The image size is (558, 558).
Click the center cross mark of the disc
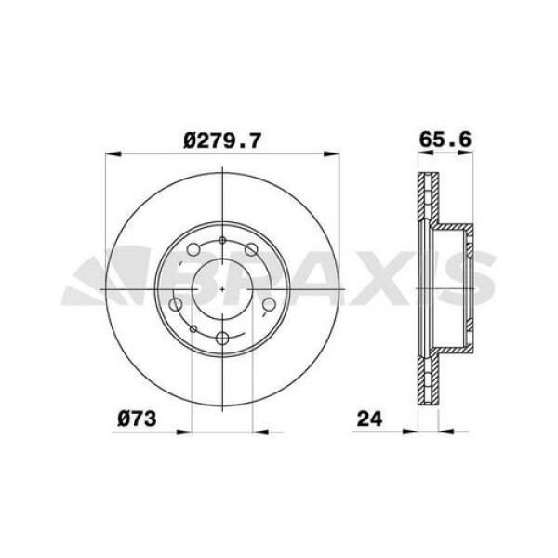(224, 290)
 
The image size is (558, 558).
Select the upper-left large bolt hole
(193, 251)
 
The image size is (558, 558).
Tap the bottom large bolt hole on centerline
(224, 339)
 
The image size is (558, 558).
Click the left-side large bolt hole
(176, 306)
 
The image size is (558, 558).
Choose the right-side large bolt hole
(270, 305)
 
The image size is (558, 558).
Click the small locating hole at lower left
(193, 328)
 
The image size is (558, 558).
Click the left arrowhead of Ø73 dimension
(194, 431)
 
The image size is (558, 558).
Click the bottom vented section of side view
(427, 381)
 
